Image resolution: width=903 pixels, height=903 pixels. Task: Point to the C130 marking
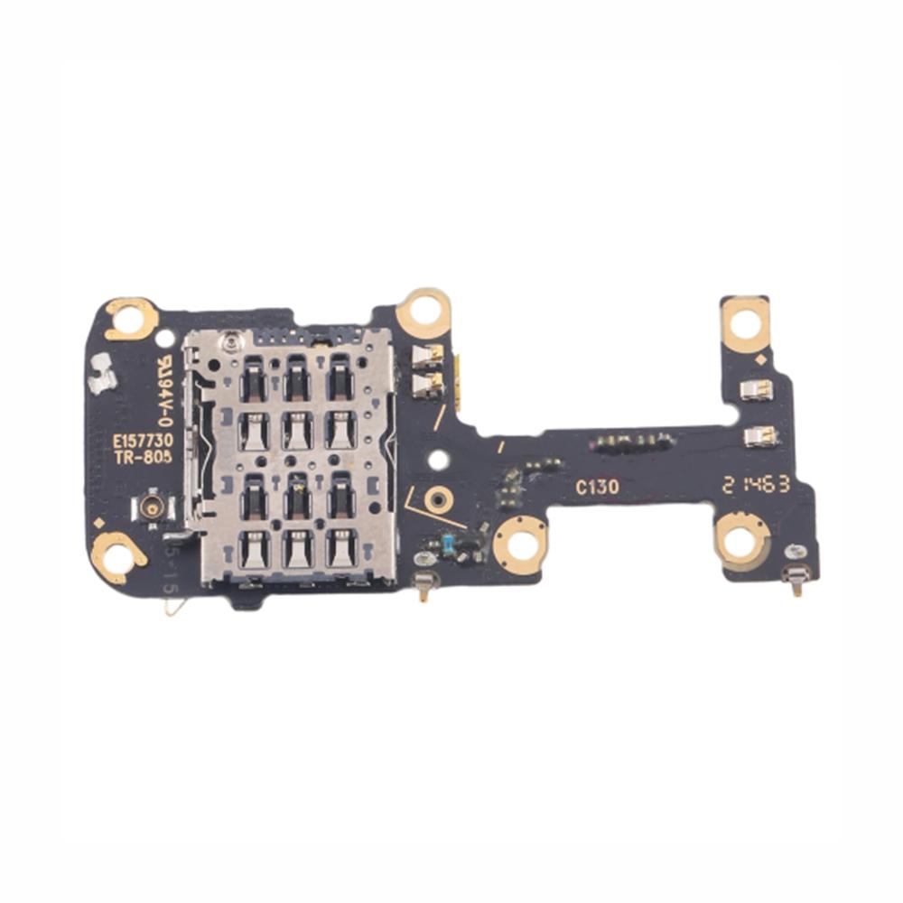click(598, 488)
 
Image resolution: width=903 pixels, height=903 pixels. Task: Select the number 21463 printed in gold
click(756, 484)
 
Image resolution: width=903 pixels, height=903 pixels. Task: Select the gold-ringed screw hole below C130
click(521, 545)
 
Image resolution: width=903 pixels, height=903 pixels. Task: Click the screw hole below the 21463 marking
click(740, 542)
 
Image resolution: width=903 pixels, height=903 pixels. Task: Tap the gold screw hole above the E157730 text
click(133, 318)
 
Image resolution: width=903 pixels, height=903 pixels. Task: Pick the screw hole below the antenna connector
click(117, 556)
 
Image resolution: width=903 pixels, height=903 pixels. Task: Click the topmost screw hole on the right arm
click(745, 322)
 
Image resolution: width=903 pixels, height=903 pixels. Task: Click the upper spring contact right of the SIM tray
click(426, 355)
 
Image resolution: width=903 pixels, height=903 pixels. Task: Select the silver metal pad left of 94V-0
click(102, 372)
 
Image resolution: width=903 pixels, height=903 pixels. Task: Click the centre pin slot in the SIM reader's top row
click(296, 377)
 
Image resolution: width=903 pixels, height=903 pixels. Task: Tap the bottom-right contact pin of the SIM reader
click(340, 550)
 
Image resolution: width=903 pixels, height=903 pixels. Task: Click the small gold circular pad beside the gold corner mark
click(438, 498)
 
